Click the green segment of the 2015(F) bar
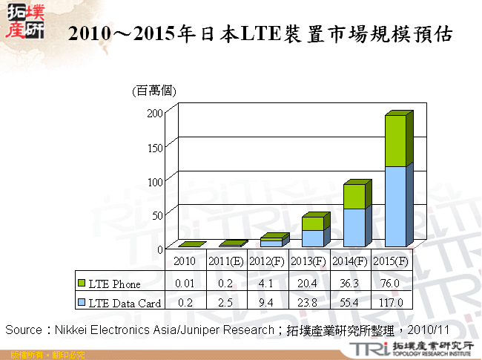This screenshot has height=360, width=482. (x=394, y=140)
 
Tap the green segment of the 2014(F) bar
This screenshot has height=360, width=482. (x=354, y=196)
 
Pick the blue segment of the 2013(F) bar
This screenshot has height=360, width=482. (x=312, y=238)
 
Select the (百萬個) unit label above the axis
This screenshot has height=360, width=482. (x=153, y=91)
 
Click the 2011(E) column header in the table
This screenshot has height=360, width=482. (x=225, y=262)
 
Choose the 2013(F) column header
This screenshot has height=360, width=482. (x=307, y=262)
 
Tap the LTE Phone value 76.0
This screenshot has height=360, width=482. (x=389, y=284)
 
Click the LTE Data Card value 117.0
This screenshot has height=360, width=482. (x=389, y=302)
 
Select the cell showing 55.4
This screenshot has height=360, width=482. (x=348, y=302)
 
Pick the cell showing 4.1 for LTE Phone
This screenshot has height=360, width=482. (x=266, y=284)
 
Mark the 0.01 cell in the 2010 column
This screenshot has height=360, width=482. (x=185, y=284)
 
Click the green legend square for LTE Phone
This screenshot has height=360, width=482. (x=82, y=284)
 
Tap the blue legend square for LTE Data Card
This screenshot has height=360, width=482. (x=82, y=302)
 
